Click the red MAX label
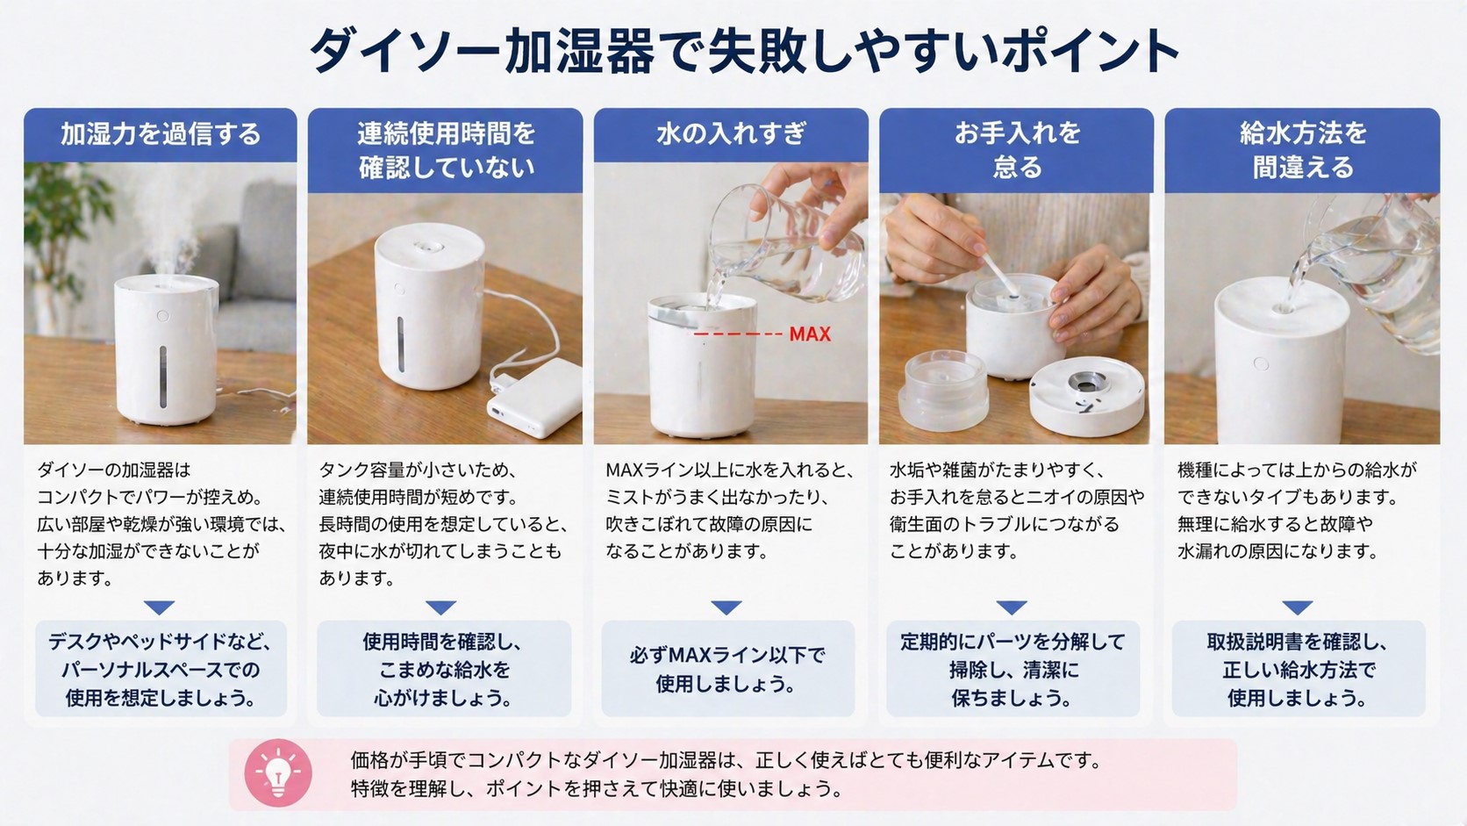[809, 334]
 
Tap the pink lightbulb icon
[278, 773]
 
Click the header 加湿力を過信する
[161, 133]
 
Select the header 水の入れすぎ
[731, 133]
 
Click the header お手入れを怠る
[1016, 149]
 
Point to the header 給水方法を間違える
[1302, 149]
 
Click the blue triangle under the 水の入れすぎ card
[726, 607]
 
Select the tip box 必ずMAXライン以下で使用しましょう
[727, 669]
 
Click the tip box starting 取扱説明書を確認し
[1298, 669]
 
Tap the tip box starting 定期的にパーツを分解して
[1013, 669]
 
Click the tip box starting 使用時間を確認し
[444, 669]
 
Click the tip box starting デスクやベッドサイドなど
[161, 669]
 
